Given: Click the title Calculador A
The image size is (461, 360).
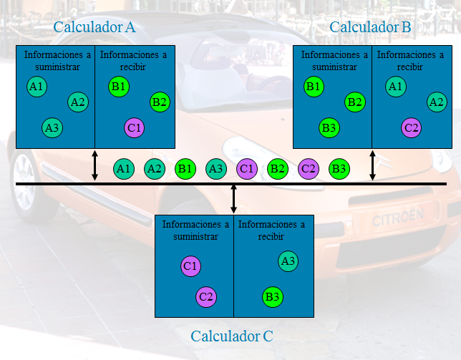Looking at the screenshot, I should (94, 28).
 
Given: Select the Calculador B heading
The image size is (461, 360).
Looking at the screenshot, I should (370, 28).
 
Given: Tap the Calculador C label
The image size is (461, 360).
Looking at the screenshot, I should (232, 336).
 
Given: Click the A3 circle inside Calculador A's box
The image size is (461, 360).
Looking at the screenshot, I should (52, 128).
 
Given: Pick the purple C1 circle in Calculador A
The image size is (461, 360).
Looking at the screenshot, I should (134, 128).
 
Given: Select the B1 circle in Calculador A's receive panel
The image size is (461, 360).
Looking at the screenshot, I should (119, 87).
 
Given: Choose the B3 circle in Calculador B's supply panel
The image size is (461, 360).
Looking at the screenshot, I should (329, 128).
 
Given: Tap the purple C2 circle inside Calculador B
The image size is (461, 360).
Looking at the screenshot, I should (411, 128).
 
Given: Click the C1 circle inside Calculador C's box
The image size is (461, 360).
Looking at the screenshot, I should (190, 266).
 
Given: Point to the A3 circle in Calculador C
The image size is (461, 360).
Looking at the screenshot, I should (288, 261).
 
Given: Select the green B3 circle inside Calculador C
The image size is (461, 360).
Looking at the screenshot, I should (272, 296).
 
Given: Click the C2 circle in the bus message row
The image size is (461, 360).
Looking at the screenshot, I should (309, 169).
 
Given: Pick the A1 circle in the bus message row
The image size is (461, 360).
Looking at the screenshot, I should (124, 169).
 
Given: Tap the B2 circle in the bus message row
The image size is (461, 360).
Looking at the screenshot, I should (278, 169).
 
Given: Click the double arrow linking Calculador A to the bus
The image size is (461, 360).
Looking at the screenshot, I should (95, 165).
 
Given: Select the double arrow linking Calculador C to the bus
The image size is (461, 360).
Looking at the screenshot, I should (234, 198).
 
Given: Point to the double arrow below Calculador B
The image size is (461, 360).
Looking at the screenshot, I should (372, 165).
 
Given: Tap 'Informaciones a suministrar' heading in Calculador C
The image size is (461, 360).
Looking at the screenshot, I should (195, 230).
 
